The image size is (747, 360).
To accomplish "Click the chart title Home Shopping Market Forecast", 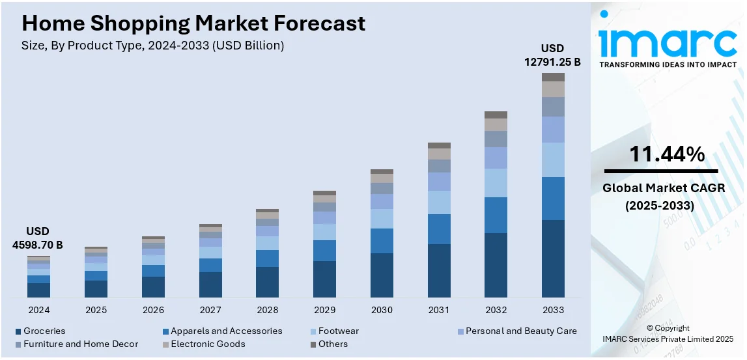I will tap(193, 23).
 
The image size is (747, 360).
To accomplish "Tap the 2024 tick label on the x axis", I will tap(38, 310).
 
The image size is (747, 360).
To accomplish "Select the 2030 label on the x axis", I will tap(382, 310).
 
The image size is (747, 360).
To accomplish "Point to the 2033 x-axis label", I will tap(553, 310).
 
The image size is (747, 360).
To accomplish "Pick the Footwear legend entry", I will tap(338, 331).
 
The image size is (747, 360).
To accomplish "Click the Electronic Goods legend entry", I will tap(208, 344).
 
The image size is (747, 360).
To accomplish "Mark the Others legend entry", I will tap(333, 344).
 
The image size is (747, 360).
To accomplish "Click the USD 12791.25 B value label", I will tap(552, 55).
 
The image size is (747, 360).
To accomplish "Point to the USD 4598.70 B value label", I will tap(38, 238).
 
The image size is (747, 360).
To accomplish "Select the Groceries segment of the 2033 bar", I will tap(553, 258).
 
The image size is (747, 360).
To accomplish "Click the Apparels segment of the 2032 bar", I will tap(496, 215).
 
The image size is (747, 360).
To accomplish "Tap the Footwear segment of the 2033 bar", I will tap(553, 159).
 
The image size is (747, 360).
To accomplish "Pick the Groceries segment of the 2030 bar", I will tap(382, 275).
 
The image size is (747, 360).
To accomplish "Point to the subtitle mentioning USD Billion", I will tap(153, 46).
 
